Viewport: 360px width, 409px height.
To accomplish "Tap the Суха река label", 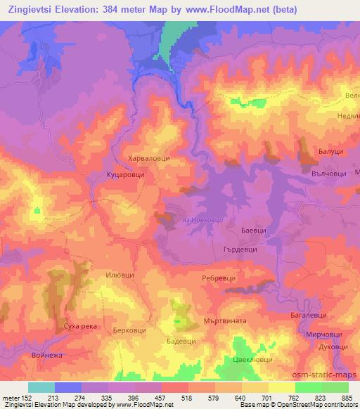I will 78,328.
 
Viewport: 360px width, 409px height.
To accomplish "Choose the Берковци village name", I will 131,329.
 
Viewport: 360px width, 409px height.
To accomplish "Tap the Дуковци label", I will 333,347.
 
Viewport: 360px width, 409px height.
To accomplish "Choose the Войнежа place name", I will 47,355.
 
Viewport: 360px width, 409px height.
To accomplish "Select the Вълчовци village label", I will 330,170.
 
